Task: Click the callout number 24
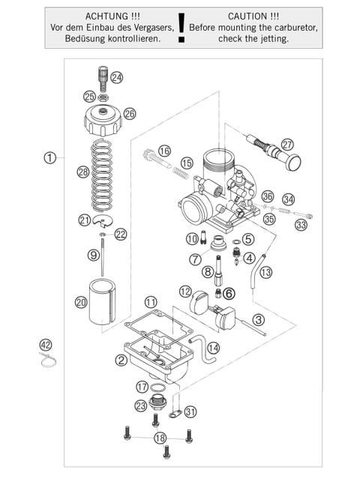(115, 76)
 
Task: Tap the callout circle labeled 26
(130, 114)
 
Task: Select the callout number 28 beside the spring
(82, 172)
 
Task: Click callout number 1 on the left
(49, 157)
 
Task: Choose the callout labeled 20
(82, 302)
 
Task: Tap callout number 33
(301, 224)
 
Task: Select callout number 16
(164, 151)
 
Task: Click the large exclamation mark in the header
(180, 30)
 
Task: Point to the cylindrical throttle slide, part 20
(105, 303)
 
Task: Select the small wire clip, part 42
(48, 363)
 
